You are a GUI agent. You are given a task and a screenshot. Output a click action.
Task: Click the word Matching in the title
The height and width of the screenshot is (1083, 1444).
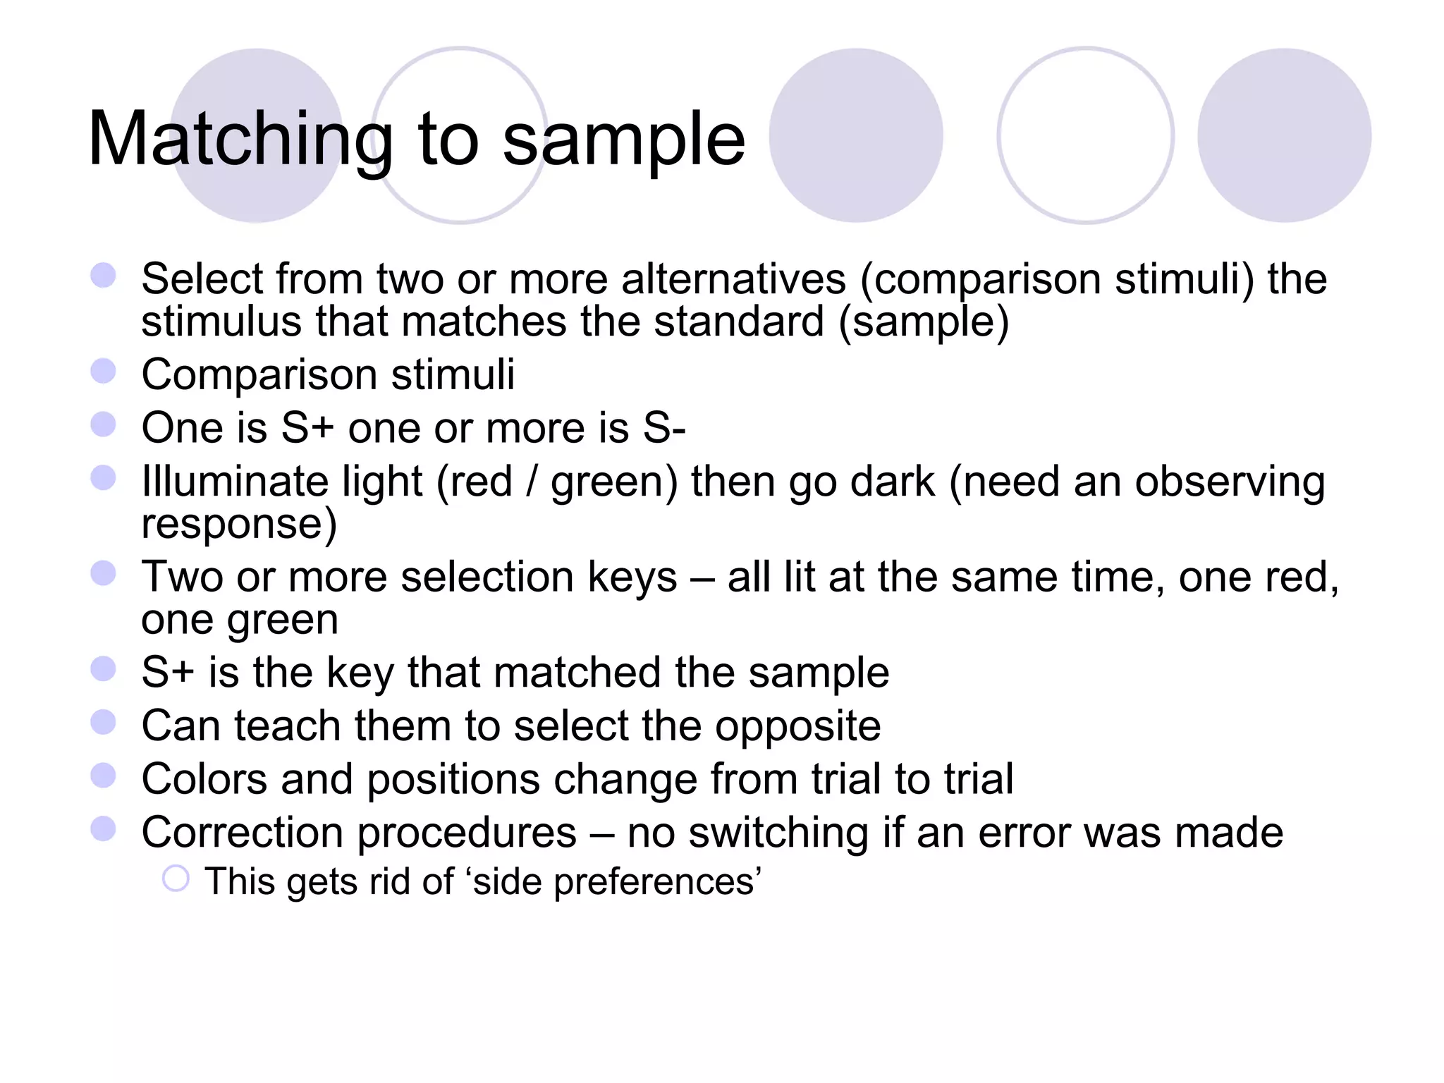(240, 141)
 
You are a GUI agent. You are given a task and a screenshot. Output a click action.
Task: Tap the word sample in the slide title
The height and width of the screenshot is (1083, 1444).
(623, 141)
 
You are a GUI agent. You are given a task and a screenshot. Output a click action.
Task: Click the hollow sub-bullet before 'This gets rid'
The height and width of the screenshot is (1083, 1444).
(176, 879)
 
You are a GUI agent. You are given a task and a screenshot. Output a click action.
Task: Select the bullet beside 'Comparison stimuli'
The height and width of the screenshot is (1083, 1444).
(104, 371)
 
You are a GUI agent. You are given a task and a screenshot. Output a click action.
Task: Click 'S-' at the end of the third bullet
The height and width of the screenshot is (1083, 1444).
(664, 428)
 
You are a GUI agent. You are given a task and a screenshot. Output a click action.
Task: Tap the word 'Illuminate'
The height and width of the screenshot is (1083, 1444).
(234, 482)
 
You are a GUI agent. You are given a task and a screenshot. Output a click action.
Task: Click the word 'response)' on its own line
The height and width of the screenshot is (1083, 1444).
(239, 525)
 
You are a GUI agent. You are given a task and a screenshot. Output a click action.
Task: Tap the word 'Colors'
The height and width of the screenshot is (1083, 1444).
(204, 779)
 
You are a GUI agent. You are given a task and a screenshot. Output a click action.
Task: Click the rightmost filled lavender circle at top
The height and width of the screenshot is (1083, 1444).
(1284, 135)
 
